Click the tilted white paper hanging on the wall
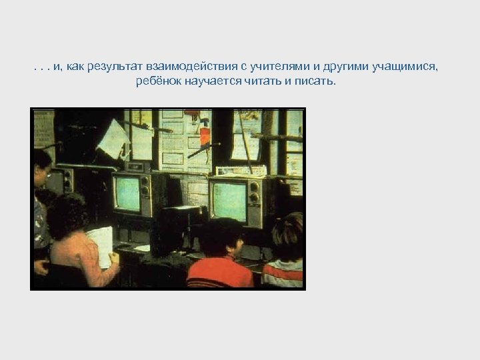113,138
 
